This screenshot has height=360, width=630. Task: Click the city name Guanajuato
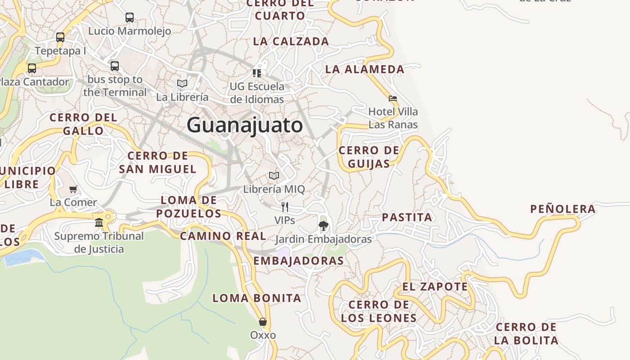tap(244, 125)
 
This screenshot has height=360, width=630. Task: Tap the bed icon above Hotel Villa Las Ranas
tap(393, 98)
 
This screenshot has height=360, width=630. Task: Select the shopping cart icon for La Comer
tap(73, 189)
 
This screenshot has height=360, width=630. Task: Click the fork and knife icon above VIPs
tap(284, 207)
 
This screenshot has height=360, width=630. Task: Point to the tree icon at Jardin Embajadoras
tap(323, 225)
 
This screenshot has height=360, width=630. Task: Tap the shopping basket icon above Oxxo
tap(263, 322)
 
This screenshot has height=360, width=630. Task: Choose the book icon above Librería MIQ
tap(274, 175)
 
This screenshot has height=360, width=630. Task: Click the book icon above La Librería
tap(182, 83)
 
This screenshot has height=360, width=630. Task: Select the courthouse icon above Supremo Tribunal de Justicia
tap(99, 222)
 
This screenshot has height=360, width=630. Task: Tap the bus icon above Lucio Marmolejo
tap(130, 18)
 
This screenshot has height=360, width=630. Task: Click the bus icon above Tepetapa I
tap(60, 37)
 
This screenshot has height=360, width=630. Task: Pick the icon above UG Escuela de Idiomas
tap(257, 72)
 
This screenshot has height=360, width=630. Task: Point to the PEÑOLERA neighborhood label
tap(563, 209)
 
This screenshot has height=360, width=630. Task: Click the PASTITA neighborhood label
tap(407, 217)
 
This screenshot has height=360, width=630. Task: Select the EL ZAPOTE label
tap(435, 287)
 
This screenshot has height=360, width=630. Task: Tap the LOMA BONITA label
tap(256, 298)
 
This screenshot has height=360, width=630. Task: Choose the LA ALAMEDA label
tap(364, 69)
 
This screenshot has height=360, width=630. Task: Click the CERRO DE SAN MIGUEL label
tap(157, 162)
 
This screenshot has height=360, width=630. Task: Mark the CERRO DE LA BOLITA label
tap(526, 333)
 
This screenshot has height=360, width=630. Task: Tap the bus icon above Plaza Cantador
tap(32, 68)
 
